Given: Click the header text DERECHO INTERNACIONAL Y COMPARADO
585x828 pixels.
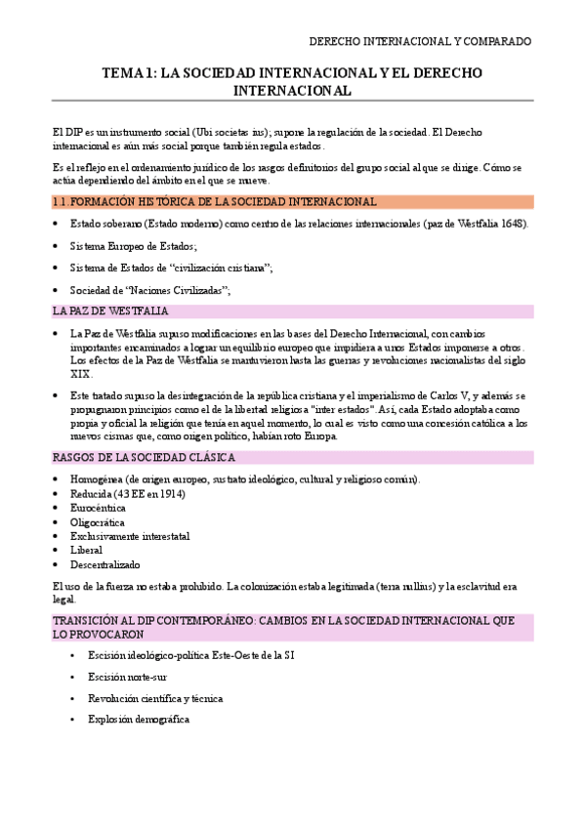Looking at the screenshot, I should pyautogui.click(x=420, y=42).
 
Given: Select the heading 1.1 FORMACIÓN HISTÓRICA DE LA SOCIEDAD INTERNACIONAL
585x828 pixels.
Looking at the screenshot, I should pyautogui.click(x=214, y=202).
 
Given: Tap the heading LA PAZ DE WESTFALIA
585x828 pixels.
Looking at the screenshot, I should pyautogui.click(x=111, y=311).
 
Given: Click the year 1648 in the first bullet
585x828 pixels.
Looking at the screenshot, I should pyautogui.click(x=513, y=224).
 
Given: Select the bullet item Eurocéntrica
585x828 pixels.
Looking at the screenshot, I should pyautogui.click(x=98, y=508).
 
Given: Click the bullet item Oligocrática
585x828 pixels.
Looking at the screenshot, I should pyautogui.click(x=97, y=522).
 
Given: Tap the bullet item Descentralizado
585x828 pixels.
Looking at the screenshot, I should pyautogui.click(x=105, y=564).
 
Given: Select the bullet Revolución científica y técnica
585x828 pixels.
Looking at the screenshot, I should pyautogui.click(x=155, y=698).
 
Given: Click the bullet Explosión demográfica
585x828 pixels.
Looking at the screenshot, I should pyautogui.click(x=138, y=720).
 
